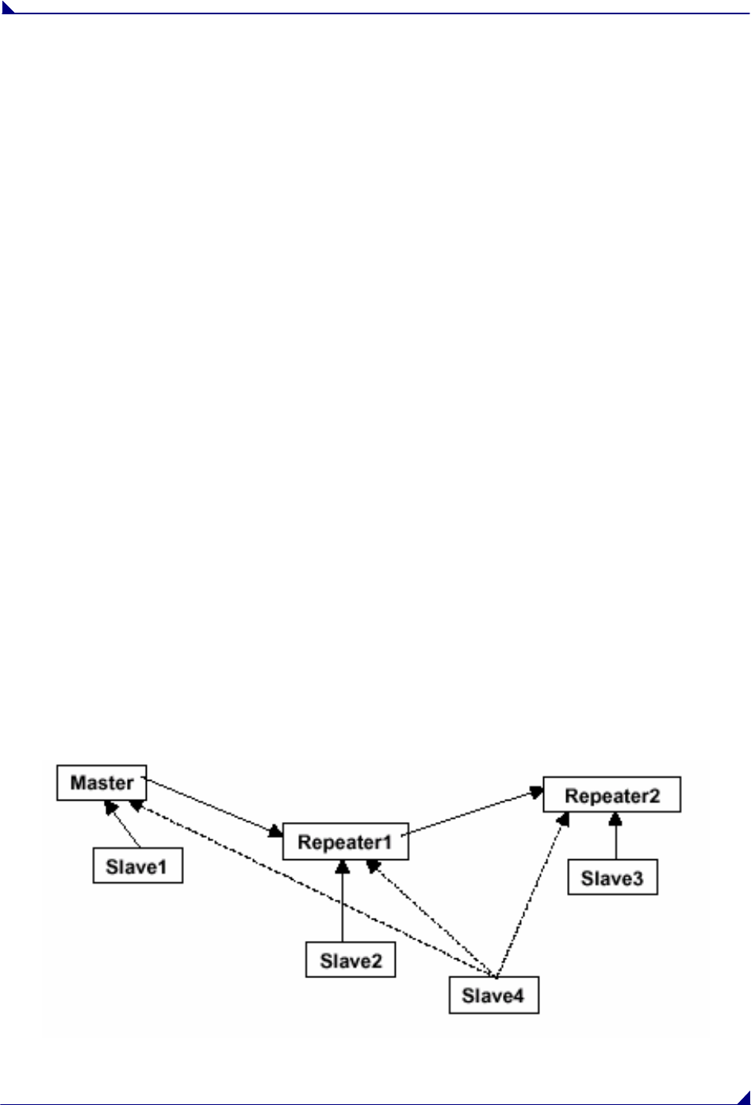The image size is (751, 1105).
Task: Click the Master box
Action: click(x=102, y=783)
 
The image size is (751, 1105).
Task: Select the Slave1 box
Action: click(x=138, y=866)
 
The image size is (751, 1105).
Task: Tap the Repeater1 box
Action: click(x=345, y=842)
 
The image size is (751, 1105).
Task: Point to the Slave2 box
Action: click(x=351, y=961)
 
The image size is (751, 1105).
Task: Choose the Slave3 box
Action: click(x=612, y=878)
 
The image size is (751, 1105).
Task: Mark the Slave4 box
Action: click(x=493, y=996)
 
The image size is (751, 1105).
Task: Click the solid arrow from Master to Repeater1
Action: click(x=214, y=807)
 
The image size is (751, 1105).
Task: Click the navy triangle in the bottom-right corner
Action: click(x=743, y=1097)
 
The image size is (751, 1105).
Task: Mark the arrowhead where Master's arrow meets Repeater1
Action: click(x=276, y=832)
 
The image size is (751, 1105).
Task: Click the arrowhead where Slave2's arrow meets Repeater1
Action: click(x=343, y=866)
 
